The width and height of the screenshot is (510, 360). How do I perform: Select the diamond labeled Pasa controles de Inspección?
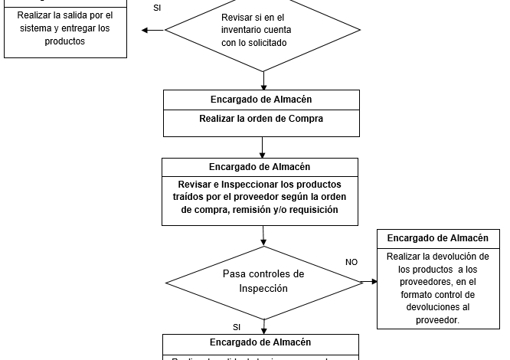(x=263, y=281)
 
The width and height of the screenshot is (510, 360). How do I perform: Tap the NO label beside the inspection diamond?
(x=351, y=262)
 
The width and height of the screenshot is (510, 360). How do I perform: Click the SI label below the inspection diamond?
(x=237, y=327)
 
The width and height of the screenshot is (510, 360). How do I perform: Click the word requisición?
(x=309, y=209)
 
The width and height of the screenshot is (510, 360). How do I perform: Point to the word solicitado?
(x=265, y=43)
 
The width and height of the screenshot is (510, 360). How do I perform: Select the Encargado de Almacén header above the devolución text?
(x=437, y=238)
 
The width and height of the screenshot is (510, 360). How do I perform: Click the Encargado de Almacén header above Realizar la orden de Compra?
(x=261, y=100)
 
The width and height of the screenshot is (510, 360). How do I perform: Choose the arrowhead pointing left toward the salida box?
(x=145, y=31)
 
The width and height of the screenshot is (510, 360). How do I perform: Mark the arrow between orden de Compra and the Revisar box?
(x=262, y=146)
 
